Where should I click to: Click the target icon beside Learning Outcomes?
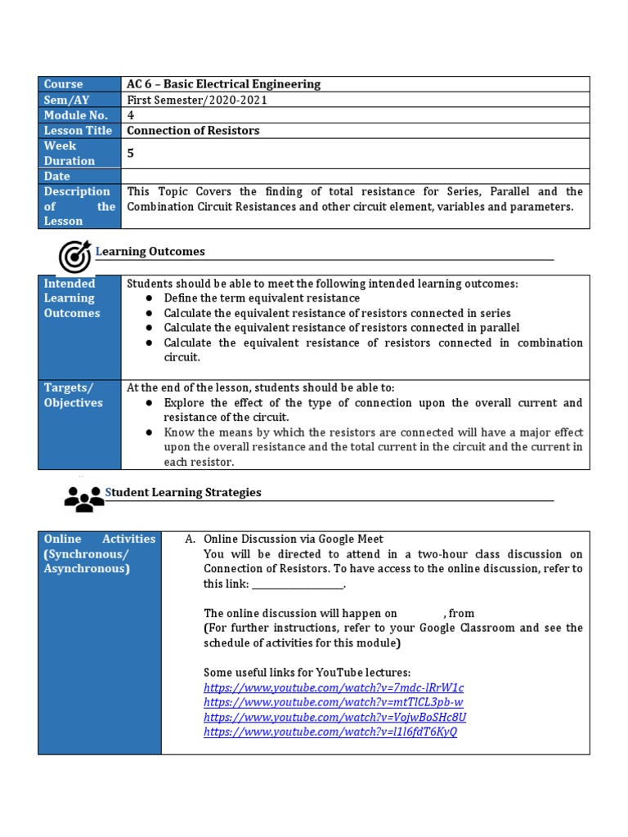pos(74,256)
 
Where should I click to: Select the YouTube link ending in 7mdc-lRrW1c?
pos(334,687)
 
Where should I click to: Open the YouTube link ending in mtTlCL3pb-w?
pos(334,702)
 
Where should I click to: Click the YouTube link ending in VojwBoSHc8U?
pos(334,717)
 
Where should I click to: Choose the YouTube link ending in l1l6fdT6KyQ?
pos(330,732)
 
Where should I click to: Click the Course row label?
pos(64,84)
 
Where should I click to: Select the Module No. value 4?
pos(131,115)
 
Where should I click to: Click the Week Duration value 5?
pos(131,153)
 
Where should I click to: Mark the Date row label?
pos(57,176)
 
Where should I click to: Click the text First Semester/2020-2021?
pos(197,100)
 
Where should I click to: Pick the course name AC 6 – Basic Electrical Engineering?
pos(223,84)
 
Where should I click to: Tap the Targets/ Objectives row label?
pos(73,395)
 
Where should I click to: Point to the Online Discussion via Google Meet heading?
pos(293,539)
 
